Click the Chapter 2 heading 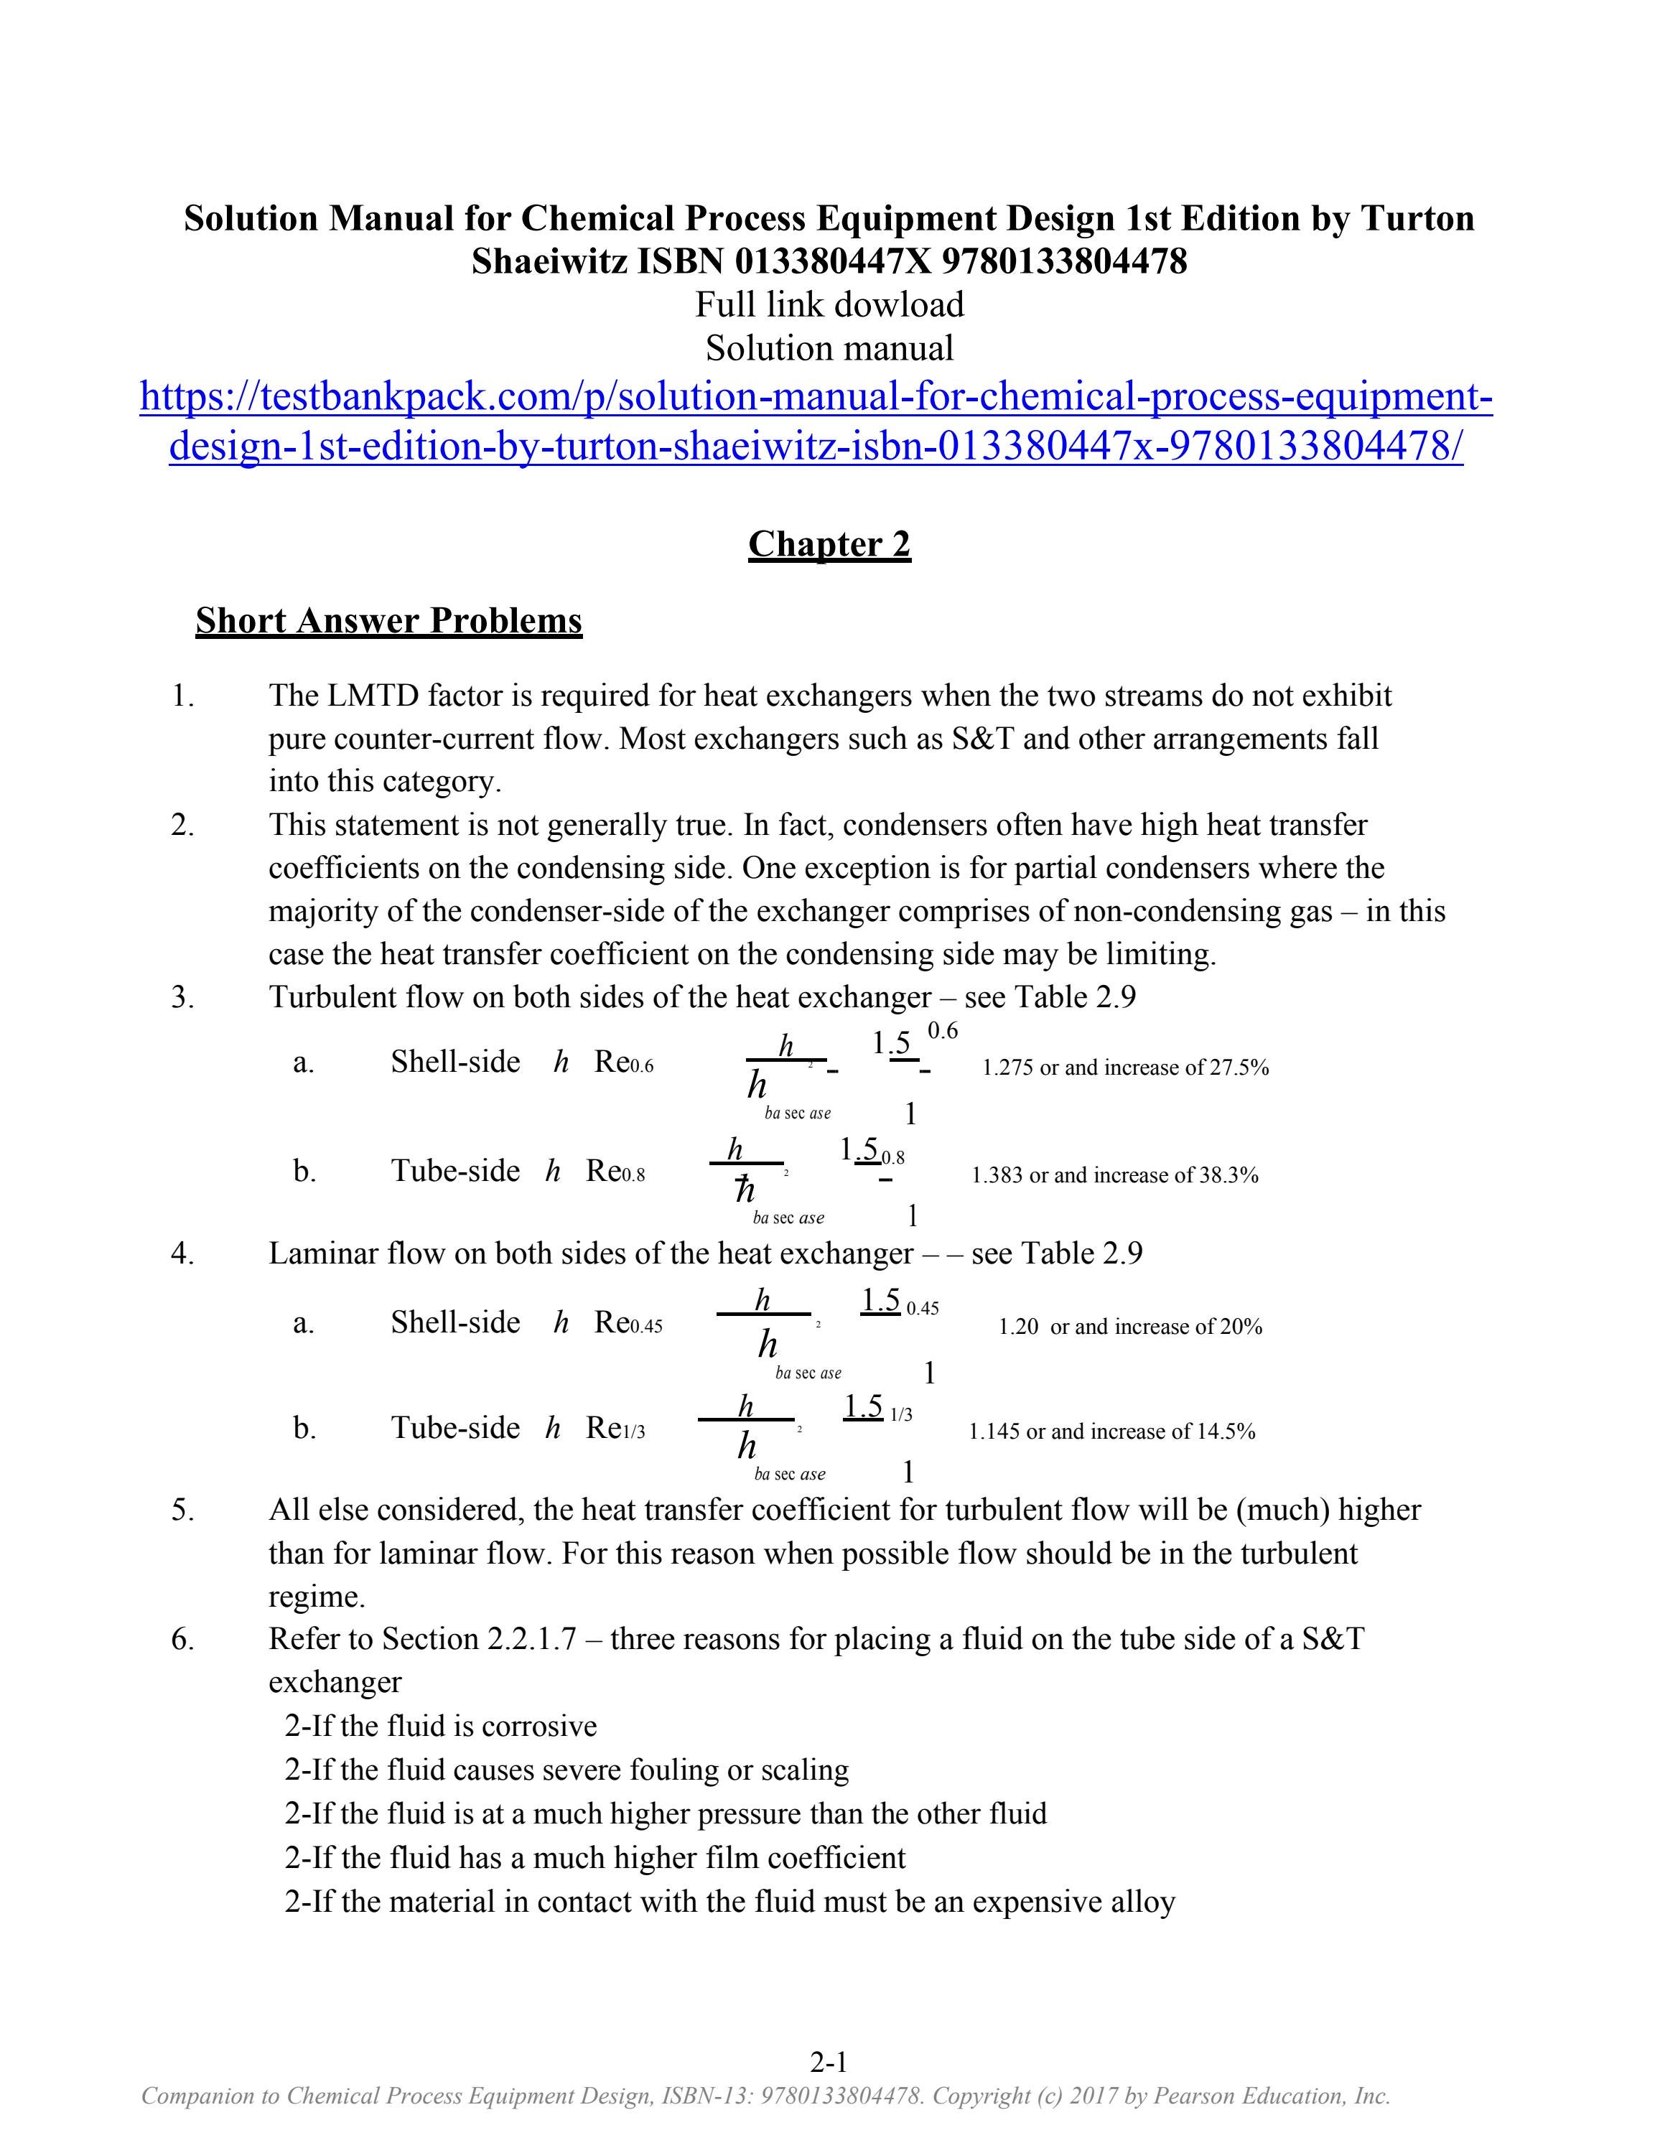click(829, 544)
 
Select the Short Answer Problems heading click(388, 620)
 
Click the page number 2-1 click(829, 2061)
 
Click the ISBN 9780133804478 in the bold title click(1064, 261)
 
